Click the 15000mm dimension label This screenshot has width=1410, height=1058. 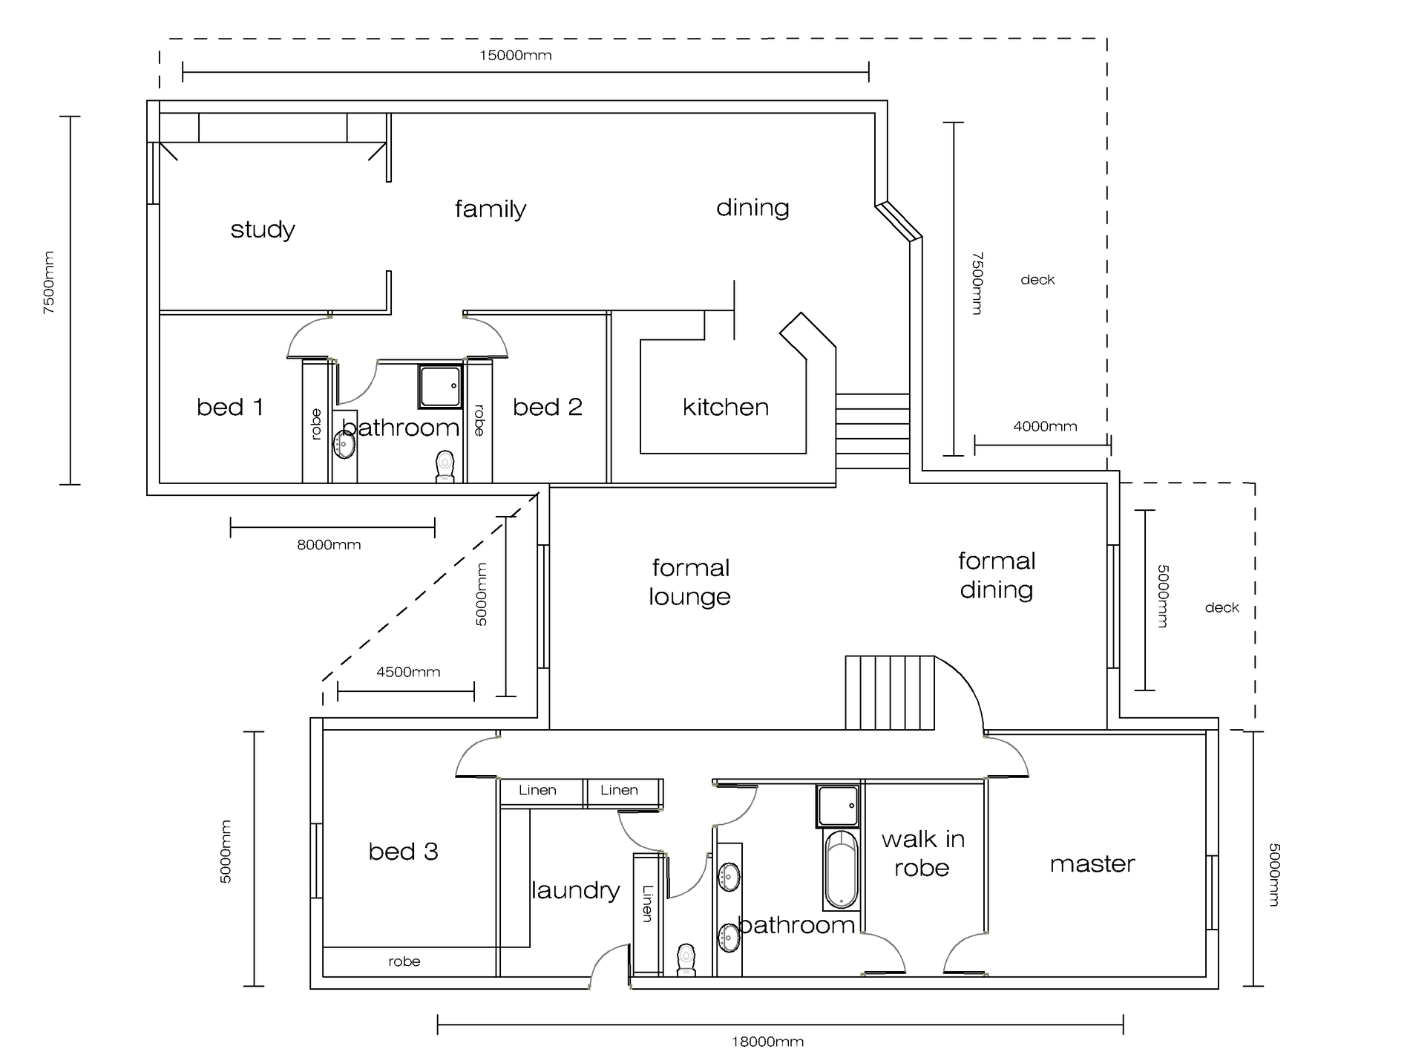pos(515,56)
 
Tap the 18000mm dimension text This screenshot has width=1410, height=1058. pos(767,1042)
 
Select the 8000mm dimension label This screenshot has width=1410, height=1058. pos(329,545)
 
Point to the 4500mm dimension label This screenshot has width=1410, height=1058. pos(408,672)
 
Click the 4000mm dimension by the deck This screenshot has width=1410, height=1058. pos(1045,426)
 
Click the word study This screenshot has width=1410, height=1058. pos(263,229)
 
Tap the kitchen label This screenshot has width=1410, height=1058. pos(725,407)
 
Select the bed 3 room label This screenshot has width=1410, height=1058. pos(403,851)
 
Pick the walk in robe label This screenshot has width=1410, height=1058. pos(922,853)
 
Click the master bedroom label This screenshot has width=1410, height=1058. pos(1092,863)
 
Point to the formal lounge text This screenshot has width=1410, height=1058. pos(690,582)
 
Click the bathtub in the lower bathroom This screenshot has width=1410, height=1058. pos(841,869)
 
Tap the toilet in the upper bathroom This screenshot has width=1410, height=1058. pos(445,466)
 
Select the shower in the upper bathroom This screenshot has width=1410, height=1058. pos(439,385)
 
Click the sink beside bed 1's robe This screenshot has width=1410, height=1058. pos(344,444)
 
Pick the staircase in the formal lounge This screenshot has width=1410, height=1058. pos(889,692)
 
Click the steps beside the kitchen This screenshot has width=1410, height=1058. pos(872,431)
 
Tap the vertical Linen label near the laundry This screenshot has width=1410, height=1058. pos(647,904)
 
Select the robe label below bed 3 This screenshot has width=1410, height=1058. pos(404,961)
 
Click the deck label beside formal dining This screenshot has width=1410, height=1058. pos(1222,607)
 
